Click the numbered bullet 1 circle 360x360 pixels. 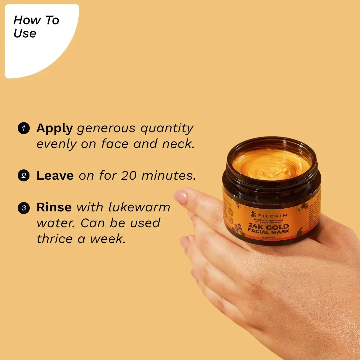(x=24, y=128)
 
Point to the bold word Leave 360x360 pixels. (x=55, y=176)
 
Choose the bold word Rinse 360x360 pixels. (x=54, y=207)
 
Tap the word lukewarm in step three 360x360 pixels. (x=140, y=207)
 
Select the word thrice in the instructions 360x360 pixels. (x=55, y=239)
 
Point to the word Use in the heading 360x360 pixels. (x=25, y=33)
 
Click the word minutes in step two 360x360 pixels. (x=168, y=176)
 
